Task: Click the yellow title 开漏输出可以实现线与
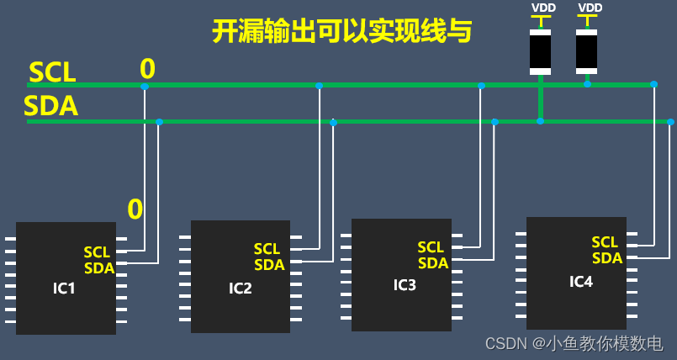pyautogui.click(x=341, y=31)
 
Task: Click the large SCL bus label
pyautogui.click(x=52, y=72)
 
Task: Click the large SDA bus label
pyautogui.click(x=51, y=107)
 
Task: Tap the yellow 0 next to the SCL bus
pyautogui.click(x=147, y=68)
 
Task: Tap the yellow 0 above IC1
pyautogui.click(x=135, y=208)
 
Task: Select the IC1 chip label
pyautogui.click(x=64, y=289)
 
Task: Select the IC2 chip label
pyautogui.click(x=241, y=289)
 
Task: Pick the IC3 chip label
pyautogui.click(x=405, y=284)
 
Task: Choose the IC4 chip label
pyautogui.click(x=581, y=281)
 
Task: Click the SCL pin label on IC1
pyautogui.click(x=97, y=252)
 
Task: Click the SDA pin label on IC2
pyautogui.click(x=269, y=265)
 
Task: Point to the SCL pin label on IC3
pyautogui.click(x=431, y=247)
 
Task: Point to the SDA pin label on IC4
pyautogui.click(x=607, y=258)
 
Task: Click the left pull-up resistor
pyautogui.click(x=540, y=52)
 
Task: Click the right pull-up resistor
pyautogui.click(x=586, y=52)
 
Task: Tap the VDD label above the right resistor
pyautogui.click(x=590, y=8)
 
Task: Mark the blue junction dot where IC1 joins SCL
pyautogui.click(x=145, y=86)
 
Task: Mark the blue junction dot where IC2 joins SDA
pyautogui.click(x=334, y=122)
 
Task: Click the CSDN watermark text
pyautogui.click(x=574, y=343)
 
